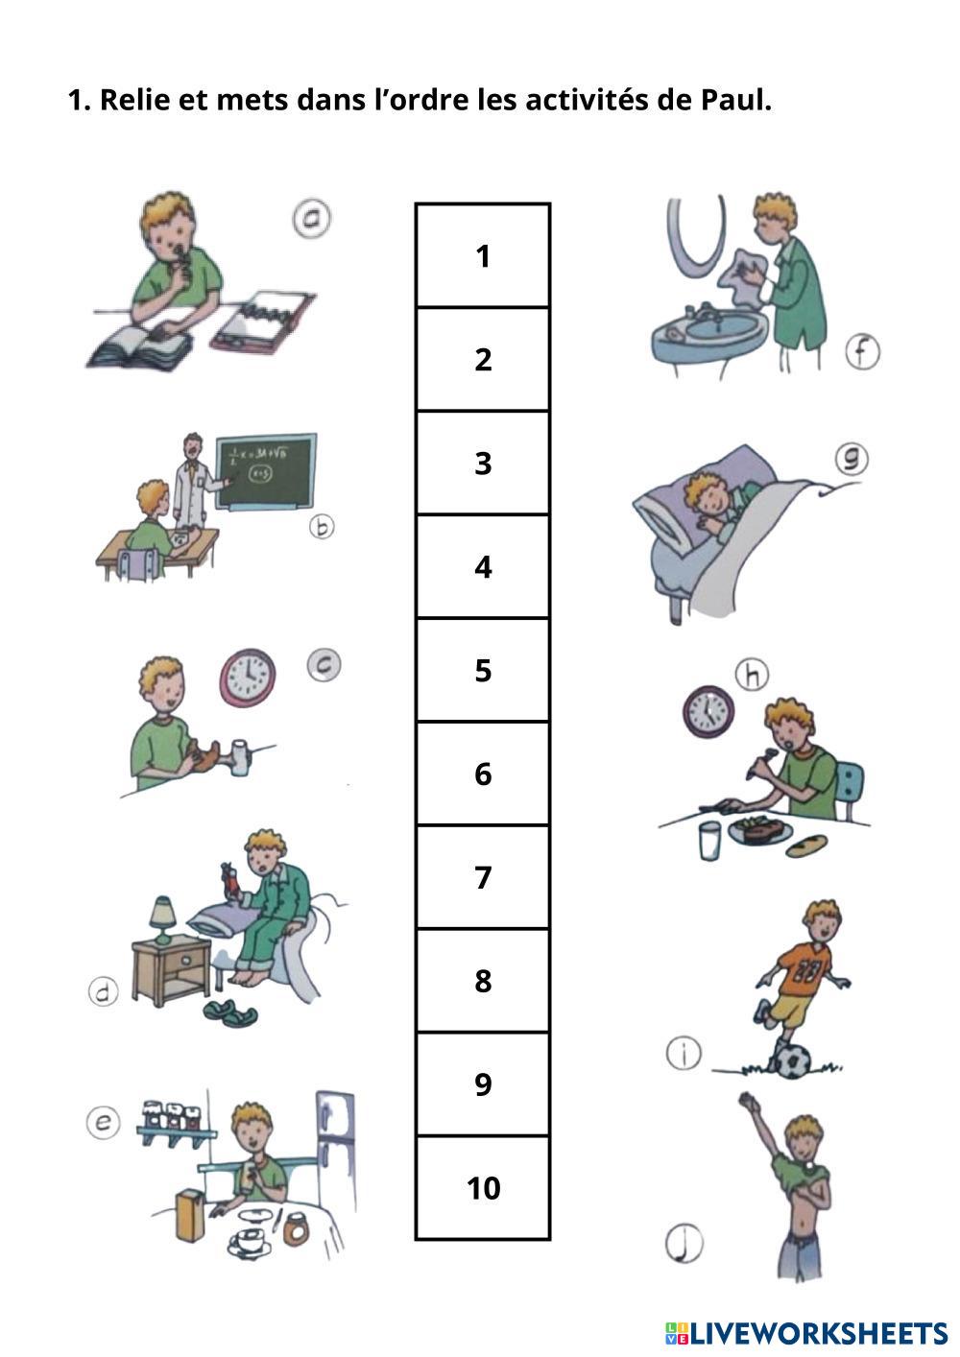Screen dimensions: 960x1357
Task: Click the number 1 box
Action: [x=483, y=255]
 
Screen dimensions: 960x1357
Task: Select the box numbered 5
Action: [x=483, y=670]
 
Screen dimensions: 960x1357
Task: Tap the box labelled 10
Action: [x=483, y=1188]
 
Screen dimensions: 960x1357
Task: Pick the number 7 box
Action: [x=483, y=877]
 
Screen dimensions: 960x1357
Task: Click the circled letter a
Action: [x=311, y=218]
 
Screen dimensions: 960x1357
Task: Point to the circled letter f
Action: [x=862, y=352]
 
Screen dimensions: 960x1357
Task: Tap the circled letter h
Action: [x=752, y=675]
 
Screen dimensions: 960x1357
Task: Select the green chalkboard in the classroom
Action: [x=267, y=472]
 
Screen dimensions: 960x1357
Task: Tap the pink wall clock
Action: [x=248, y=678]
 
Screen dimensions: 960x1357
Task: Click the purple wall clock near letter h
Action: [x=708, y=711]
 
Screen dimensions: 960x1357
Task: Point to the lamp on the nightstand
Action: [x=162, y=920]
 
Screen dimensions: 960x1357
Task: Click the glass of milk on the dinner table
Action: [x=709, y=841]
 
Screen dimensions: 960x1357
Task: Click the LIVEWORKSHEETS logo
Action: [x=806, y=1333]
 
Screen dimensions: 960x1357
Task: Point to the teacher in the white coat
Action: [x=191, y=482]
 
